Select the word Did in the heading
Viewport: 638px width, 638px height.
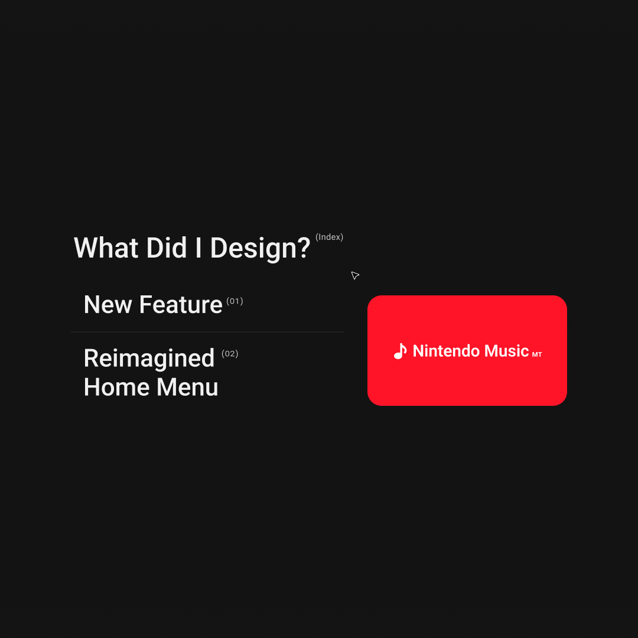tap(167, 248)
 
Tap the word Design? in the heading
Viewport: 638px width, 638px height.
tap(261, 249)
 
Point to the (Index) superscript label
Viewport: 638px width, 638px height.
tap(329, 237)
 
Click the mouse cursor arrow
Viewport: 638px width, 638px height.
tap(355, 275)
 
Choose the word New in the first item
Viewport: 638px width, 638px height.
tap(108, 305)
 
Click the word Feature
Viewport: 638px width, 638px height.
tap(181, 305)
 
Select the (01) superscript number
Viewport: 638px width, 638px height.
tap(235, 301)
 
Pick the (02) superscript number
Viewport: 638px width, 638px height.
tap(230, 354)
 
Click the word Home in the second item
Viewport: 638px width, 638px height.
tap(116, 387)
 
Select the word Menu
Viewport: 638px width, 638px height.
tap(188, 387)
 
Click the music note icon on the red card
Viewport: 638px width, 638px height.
tap(401, 351)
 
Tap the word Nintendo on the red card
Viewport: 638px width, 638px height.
tap(445, 351)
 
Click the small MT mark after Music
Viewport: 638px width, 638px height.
tap(537, 355)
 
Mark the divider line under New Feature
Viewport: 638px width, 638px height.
tap(207, 332)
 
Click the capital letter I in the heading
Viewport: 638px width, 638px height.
tap(198, 248)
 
